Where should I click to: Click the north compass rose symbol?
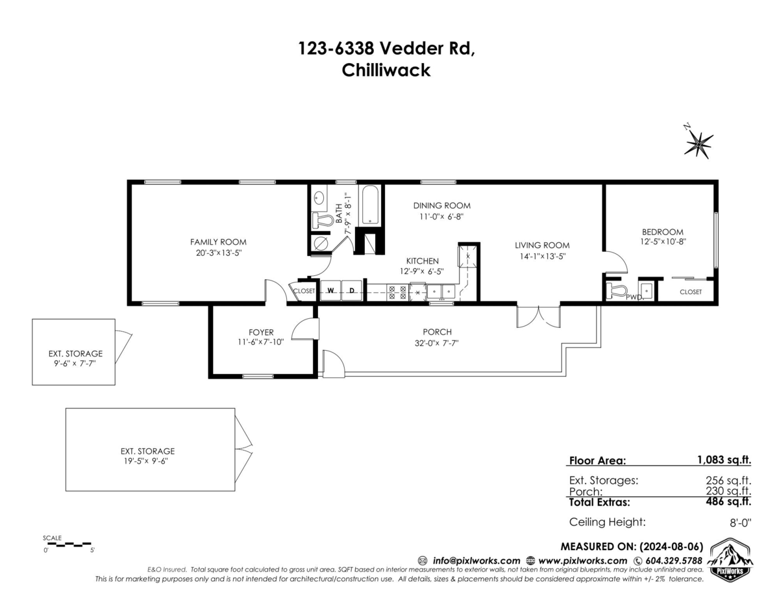(x=699, y=142)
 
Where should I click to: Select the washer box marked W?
(x=330, y=291)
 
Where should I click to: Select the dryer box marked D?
(x=351, y=291)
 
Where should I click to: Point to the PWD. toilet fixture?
(x=615, y=291)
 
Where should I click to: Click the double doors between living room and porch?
(x=538, y=316)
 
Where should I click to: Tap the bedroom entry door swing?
(x=615, y=262)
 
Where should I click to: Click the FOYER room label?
(x=261, y=332)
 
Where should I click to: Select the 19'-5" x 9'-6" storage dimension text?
(x=147, y=460)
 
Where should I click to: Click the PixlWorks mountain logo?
(x=730, y=559)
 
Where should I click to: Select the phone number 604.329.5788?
(x=673, y=560)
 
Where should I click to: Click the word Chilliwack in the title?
(x=386, y=70)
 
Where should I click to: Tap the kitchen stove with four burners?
(x=397, y=293)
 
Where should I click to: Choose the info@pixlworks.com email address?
(x=476, y=560)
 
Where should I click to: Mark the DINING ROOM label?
(x=441, y=206)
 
